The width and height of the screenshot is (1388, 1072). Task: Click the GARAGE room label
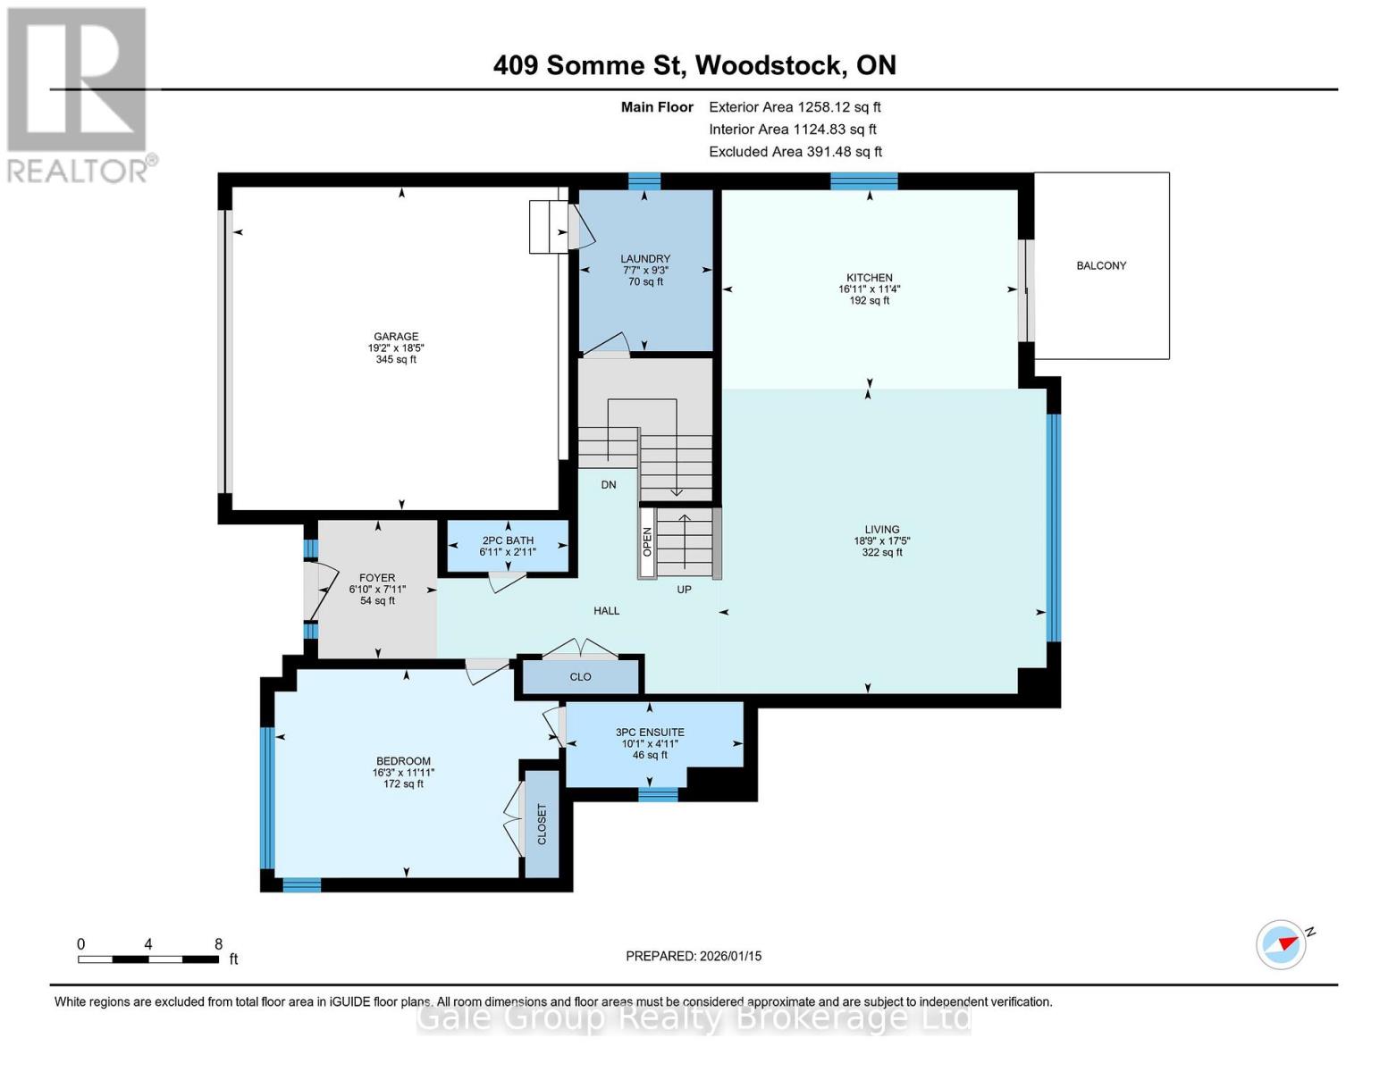click(395, 337)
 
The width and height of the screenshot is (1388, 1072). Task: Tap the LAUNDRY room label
click(644, 259)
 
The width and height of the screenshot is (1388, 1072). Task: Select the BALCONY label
click(1101, 265)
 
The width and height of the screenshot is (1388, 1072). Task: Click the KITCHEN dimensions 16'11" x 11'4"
click(869, 289)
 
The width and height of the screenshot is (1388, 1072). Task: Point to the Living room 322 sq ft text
click(881, 552)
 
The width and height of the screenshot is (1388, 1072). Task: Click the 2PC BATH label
click(508, 540)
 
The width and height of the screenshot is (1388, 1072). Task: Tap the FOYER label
click(377, 578)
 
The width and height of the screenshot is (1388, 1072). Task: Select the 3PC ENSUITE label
click(650, 733)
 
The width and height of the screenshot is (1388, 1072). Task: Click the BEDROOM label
click(403, 761)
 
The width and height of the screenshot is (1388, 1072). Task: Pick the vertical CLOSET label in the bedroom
click(542, 824)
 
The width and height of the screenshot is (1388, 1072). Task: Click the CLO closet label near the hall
click(580, 677)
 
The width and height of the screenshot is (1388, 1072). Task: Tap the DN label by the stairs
click(609, 485)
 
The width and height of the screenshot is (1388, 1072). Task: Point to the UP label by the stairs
click(684, 590)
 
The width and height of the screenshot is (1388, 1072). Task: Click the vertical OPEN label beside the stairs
click(648, 542)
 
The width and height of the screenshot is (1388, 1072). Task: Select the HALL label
click(606, 611)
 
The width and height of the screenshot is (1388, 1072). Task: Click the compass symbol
click(1281, 944)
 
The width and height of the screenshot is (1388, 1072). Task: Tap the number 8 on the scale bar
click(218, 944)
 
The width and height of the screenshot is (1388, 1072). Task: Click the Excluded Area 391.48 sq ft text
click(795, 152)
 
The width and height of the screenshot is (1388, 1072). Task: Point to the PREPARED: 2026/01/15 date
click(694, 956)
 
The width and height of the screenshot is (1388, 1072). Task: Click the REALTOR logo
click(79, 94)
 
